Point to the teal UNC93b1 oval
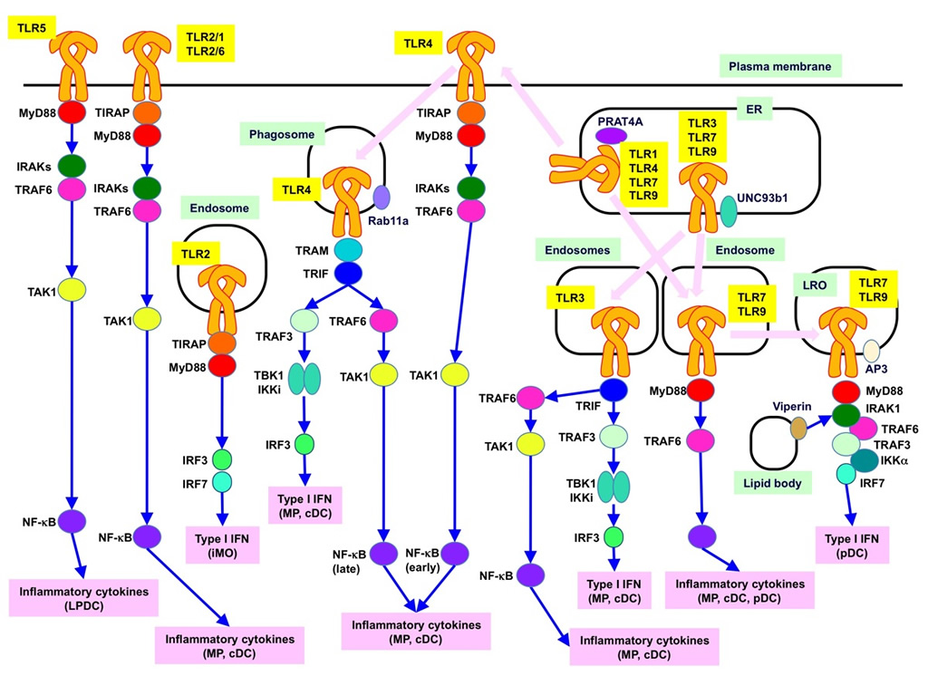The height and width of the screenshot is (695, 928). coord(729,212)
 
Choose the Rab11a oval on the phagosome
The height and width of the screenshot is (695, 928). coord(382,198)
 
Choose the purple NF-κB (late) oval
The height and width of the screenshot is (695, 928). coord(386,554)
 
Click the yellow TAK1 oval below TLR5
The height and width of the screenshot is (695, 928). coord(72,291)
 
